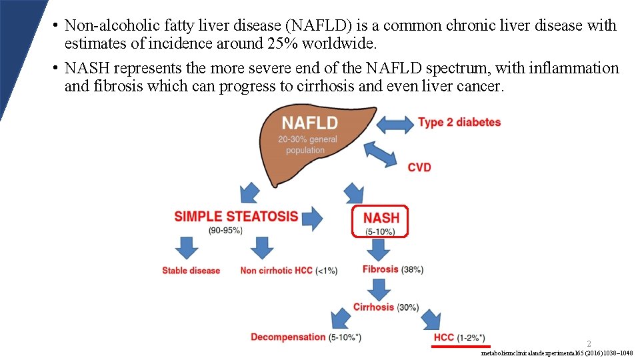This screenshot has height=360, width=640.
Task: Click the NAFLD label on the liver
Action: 309,123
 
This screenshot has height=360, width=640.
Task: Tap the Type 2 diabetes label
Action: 459,123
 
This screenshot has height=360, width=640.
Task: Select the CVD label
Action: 419,167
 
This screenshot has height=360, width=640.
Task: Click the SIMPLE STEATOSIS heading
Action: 236,217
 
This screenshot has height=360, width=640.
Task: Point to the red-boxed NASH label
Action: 381,218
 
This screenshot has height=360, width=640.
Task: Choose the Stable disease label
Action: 191,271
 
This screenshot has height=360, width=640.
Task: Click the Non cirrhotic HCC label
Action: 277,271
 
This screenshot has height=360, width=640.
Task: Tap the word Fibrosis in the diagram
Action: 381,269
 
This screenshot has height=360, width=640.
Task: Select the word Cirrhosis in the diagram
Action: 373,307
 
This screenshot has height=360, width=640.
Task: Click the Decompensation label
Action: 288,337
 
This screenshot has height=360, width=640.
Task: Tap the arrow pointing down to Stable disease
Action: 187,249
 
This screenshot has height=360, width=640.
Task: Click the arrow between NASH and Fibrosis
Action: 379,250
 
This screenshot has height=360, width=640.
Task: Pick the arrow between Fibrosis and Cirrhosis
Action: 379,289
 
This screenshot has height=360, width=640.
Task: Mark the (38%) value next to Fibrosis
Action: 412,269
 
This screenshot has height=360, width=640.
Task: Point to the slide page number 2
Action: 589,344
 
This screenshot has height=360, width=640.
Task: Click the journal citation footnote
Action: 557,353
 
